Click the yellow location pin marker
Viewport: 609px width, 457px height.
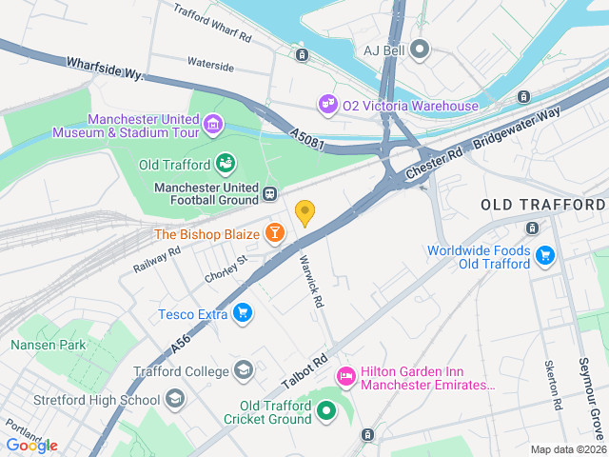pyautogui.click(x=305, y=212)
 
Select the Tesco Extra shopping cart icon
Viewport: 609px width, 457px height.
pyautogui.click(x=244, y=312)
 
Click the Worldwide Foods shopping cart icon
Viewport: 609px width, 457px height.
pyautogui.click(x=545, y=255)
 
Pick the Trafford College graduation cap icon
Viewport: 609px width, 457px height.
pyautogui.click(x=244, y=370)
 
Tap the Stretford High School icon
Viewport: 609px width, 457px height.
pyautogui.click(x=174, y=399)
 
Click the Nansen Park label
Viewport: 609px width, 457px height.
pyautogui.click(x=48, y=345)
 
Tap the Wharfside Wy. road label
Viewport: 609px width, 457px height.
pyautogui.click(x=104, y=68)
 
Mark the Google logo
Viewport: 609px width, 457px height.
pyautogui.click(x=31, y=445)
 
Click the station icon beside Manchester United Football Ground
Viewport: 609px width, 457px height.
pyautogui.click(x=270, y=194)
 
